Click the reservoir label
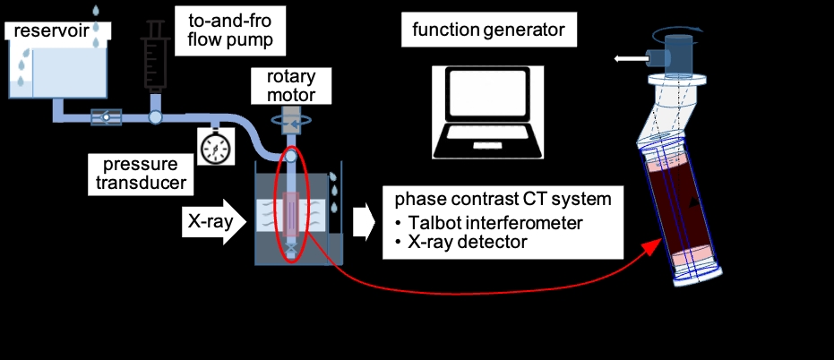point(52,30)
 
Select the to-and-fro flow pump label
point(229,30)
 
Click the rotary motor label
point(291,86)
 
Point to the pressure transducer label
point(141,174)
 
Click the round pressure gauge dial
point(215,147)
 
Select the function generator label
point(488,30)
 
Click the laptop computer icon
point(487,112)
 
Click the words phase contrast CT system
point(503,200)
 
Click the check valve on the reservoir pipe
point(106,117)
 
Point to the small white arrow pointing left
point(629,58)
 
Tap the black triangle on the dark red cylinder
point(693,201)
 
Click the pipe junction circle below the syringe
point(155,116)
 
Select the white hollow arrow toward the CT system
point(365,222)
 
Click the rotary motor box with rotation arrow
point(291,121)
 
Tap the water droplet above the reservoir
point(96,10)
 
